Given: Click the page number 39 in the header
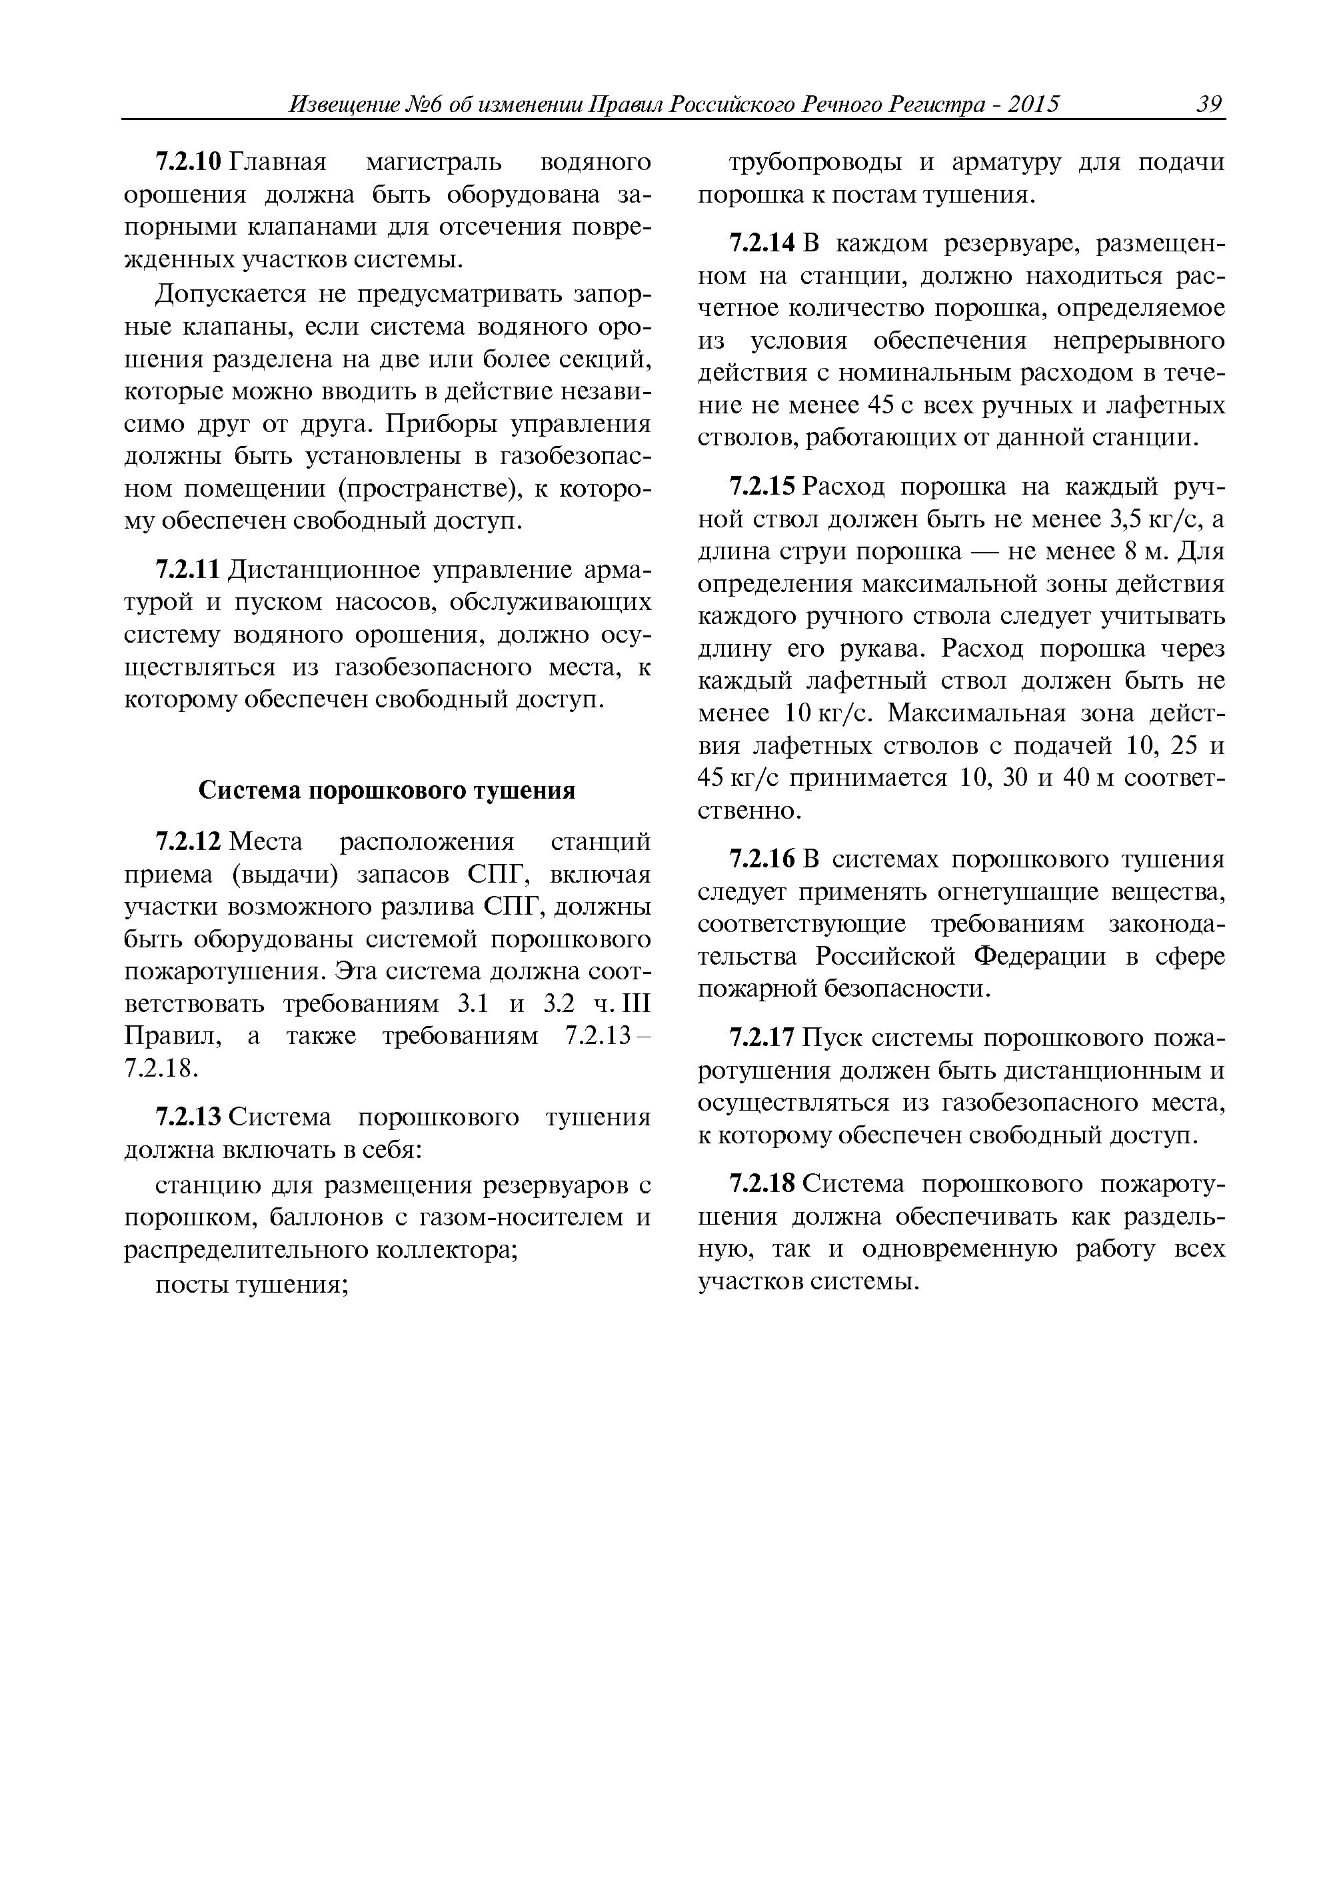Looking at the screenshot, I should pos(1209,105).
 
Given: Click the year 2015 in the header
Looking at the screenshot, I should pos(1033,105).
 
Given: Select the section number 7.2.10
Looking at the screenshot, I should pos(189,163).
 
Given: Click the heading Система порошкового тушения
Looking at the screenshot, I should pos(387,791).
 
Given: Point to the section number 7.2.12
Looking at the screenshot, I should pos(189,843).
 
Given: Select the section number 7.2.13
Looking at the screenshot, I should pos(189,1117).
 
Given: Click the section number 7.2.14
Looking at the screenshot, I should pos(762,244).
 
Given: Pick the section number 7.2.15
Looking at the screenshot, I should pos(762,487).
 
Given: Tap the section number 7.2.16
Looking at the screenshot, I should pos(762,860).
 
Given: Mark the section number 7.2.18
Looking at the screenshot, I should pos(762,1185).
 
